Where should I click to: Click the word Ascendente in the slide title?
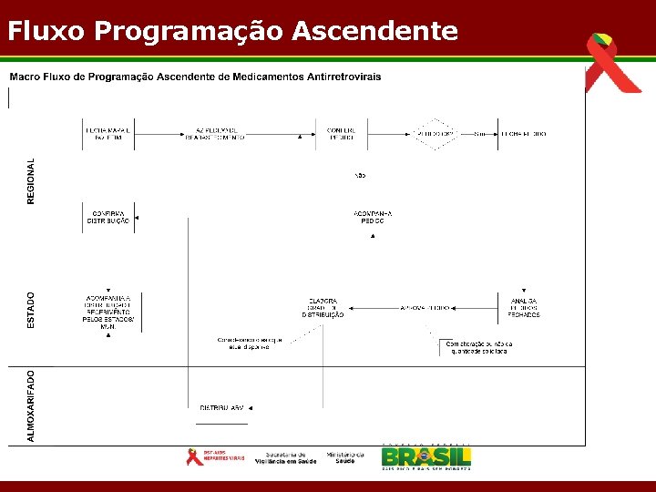tap(375, 32)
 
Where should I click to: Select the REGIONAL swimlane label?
tap(31, 180)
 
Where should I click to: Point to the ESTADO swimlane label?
tap(31, 310)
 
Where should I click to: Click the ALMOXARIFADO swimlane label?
tap(31, 405)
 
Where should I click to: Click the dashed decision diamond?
tap(435, 134)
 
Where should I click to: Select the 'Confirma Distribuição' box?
tap(108, 217)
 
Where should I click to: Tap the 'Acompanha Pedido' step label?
tap(372, 217)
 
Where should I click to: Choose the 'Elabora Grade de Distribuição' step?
tap(323, 308)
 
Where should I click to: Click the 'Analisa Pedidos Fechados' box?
tap(523, 308)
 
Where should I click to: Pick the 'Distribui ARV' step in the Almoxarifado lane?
tap(222, 407)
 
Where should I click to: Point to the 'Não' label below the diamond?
tap(360, 175)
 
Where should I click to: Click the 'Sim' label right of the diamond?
tap(479, 134)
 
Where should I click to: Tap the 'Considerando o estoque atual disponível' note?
tap(250, 343)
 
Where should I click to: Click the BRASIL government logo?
tap(425, 456)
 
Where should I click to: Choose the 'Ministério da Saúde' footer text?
tap(345, 457)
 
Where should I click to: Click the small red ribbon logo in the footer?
tap(194, 456)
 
